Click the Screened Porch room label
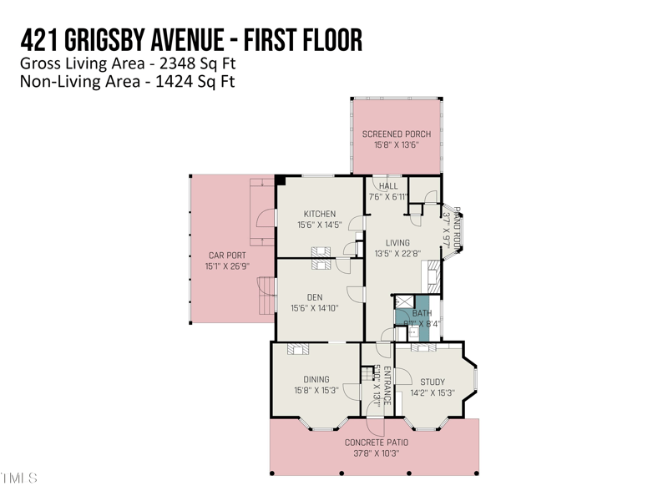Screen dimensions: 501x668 click(396, 134)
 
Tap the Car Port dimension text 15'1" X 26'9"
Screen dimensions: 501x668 click(227, 267)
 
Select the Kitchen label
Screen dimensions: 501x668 click(320, 214)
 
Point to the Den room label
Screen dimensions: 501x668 click(315, 296)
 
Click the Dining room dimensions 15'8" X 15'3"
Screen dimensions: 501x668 click(316, 390)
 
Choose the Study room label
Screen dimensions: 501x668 click(433, 382)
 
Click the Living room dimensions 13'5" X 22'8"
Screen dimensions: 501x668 click(397, 254)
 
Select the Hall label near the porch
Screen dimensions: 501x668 click(388, 186)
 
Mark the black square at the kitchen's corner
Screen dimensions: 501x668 click(281, 180)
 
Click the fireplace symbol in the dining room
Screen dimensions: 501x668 click(297, 349)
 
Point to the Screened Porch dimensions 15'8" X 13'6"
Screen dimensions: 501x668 click(396, 145)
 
